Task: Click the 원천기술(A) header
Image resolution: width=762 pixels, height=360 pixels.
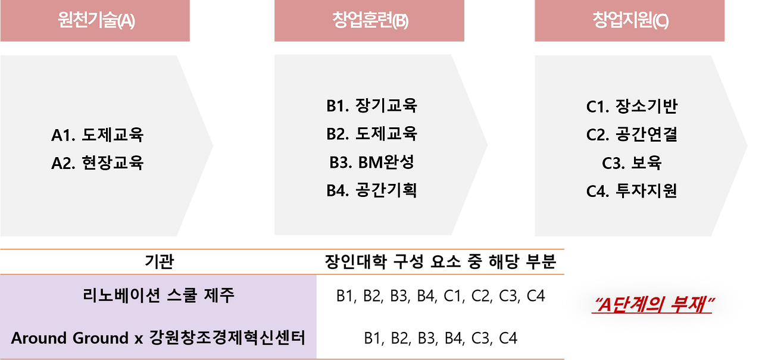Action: point(96,21)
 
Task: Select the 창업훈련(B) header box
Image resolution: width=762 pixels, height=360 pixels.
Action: point(370,21)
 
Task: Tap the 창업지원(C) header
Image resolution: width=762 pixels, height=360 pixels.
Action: point(630,21)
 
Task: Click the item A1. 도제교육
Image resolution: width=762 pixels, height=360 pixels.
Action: point(98,135)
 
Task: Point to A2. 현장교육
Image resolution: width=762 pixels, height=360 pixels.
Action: point(98,163)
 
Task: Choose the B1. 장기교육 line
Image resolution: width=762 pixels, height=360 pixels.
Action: point(371,106)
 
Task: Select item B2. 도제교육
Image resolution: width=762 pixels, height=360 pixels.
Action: point(371,134)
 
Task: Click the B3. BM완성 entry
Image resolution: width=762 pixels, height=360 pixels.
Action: point(371,162)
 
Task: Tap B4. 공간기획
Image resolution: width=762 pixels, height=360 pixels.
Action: point(371,190)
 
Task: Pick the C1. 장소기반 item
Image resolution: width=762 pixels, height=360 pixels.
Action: point(632,107)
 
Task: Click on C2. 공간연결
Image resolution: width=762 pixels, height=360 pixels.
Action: point(632,134)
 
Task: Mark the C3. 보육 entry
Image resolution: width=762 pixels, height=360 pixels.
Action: point(632,162)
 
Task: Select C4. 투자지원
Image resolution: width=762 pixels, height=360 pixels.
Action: point(632,191)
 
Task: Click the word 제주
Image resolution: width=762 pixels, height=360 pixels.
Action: point(218,296)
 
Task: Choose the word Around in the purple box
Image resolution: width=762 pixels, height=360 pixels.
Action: point(39,339)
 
